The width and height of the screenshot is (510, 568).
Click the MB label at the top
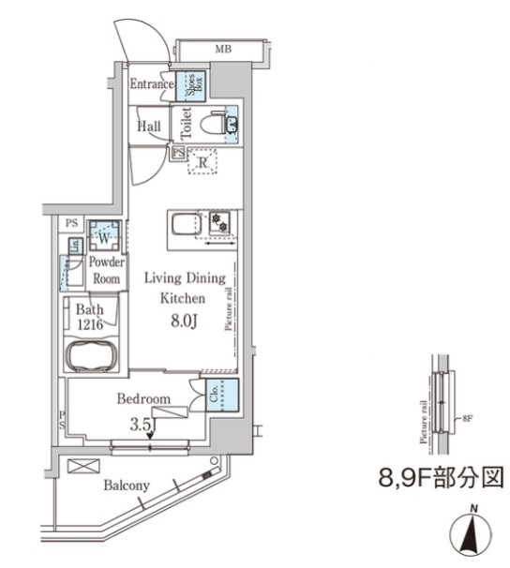pos(223,48)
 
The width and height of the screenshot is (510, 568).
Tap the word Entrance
pos(150,85)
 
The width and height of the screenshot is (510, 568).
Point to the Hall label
pos(148,126)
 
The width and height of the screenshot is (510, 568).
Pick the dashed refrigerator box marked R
pos(202,162)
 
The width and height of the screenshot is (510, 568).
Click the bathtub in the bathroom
pos(91,356)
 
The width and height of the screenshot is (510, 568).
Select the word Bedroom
pos(142,399)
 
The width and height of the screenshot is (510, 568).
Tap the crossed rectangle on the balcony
pos(83,466)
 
